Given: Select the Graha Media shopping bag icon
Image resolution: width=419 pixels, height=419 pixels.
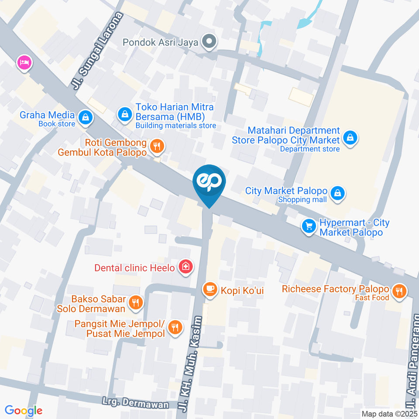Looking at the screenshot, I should [x=84, y=117].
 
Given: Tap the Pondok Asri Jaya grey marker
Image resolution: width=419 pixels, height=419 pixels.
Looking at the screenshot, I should [x=210, y=42].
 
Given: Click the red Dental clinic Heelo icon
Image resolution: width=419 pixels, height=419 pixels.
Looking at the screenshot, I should [x=186, y=268].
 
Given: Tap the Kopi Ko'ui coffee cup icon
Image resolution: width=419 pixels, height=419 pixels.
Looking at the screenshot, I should [x=210, y=289].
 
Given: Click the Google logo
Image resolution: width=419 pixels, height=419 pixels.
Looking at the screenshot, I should [x=24, y=410].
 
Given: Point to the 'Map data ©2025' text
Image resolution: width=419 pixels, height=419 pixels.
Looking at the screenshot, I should [x=389, y=414].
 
